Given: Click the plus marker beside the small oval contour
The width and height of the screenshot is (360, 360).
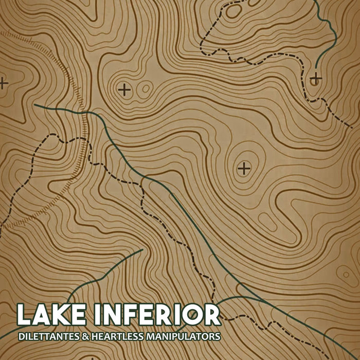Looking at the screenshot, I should [124, 89].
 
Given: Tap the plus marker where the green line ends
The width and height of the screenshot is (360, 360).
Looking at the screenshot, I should [315, 79].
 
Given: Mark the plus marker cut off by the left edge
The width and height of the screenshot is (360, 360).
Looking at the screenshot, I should [3, 82].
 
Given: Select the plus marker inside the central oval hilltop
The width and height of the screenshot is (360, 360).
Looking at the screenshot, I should [244, 168].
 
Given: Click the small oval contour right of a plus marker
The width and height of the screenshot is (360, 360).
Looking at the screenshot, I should [146, 88].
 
